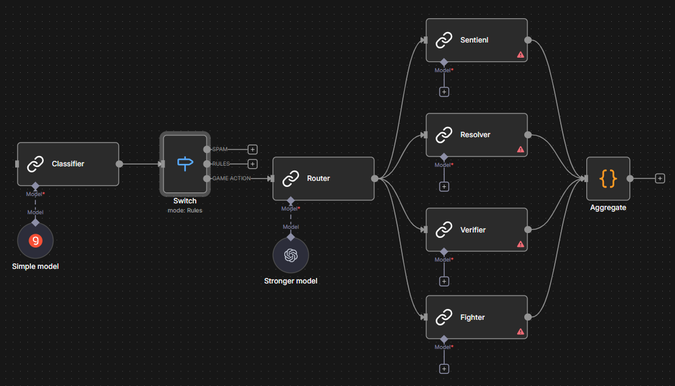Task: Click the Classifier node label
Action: coord(68,164)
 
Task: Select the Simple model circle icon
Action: coord(35,240)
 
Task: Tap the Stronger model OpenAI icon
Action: coord(290,256)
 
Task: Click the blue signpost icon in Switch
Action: coord(185,163)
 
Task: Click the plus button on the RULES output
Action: coord(253,164)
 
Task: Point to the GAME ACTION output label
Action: coord(231,178)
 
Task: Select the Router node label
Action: coord(318,178)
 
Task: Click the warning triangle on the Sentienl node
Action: coord(521,55)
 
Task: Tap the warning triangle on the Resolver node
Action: coord(521,149)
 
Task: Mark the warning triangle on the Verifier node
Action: coord(521,244)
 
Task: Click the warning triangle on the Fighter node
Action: coord(521,331)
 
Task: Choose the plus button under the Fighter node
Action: coord(444,369)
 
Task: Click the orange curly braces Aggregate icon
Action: coord(608,178)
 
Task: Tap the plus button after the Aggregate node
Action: coord(660,178)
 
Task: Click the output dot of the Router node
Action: coord(375,178)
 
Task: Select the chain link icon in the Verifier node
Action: coord(444,230)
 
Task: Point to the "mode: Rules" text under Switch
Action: coord(185,211)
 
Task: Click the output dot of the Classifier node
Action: coord(119,164)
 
